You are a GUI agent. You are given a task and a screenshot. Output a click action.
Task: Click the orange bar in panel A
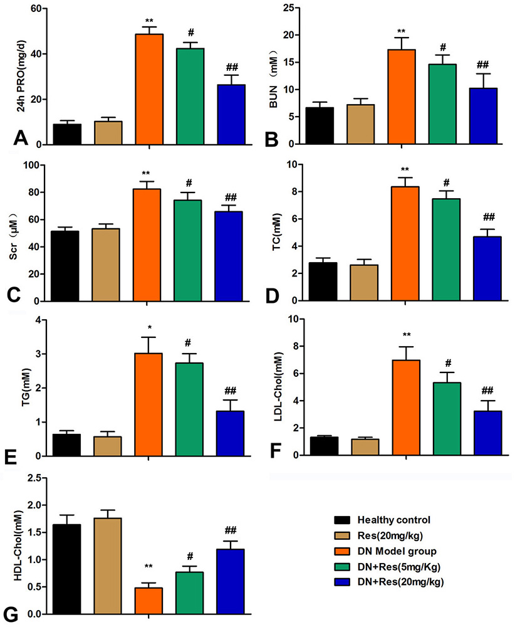click(x=149, y=89)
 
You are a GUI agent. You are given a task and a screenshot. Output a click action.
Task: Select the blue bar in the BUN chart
click(x=483, y=116)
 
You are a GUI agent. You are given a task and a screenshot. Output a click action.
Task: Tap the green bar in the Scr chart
click(x=187, y=250)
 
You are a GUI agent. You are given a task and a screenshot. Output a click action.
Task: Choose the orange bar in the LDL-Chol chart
click(x=406, y=408)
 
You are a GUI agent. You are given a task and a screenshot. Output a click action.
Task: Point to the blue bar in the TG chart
click(x=230, y=433)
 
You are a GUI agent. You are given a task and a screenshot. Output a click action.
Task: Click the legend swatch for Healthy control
click(x=342, y=520)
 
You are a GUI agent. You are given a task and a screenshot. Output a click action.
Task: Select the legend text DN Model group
click(x=397, y=551)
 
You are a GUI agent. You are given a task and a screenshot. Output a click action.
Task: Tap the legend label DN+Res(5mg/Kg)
click(x=398, y=567)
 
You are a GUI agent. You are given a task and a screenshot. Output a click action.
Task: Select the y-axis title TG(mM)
click(x=27, y=387)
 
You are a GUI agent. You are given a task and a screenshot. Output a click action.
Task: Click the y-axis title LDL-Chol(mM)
click(x=278, y=387)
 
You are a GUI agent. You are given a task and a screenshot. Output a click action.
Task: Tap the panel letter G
click(x=10, y=615)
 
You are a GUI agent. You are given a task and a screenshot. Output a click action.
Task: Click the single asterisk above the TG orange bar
click(x=150, y=328)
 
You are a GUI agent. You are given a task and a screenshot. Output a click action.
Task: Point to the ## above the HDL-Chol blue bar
click(x=231, y=530)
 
